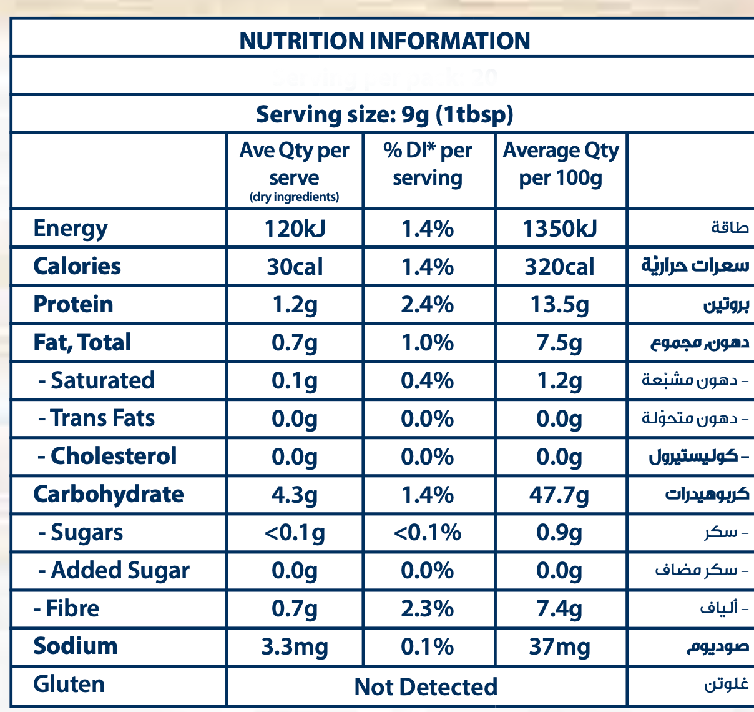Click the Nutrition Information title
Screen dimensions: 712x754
click(384, 41)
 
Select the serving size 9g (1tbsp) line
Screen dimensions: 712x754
click(384, 114)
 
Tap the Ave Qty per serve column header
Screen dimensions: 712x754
click(294, 171)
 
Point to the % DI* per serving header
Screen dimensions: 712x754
click(428, 164)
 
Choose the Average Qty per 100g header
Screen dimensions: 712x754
click(561, 164)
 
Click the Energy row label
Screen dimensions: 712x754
click(71, 229)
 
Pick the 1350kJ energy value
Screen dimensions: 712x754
click(560, 229)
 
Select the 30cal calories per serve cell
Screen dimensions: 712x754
click(295, 267)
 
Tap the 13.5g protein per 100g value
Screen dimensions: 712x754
click(560, 305)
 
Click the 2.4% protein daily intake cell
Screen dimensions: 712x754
click(428, 305)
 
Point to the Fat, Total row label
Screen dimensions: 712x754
click(82, 342)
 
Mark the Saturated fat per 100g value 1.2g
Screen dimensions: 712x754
click(560, 381)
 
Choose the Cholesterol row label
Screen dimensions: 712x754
click(107, 456)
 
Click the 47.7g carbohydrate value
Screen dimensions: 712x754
click(560, 495)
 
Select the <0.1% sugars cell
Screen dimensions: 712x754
click(428, 533)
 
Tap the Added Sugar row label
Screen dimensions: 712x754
click(114, 571)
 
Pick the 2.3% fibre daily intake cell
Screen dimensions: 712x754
click(428, 609)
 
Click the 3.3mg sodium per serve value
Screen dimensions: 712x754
click(295, 647)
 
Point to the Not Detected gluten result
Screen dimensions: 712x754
click(426, 687)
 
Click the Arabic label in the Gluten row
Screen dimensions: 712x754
click(727, 685)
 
